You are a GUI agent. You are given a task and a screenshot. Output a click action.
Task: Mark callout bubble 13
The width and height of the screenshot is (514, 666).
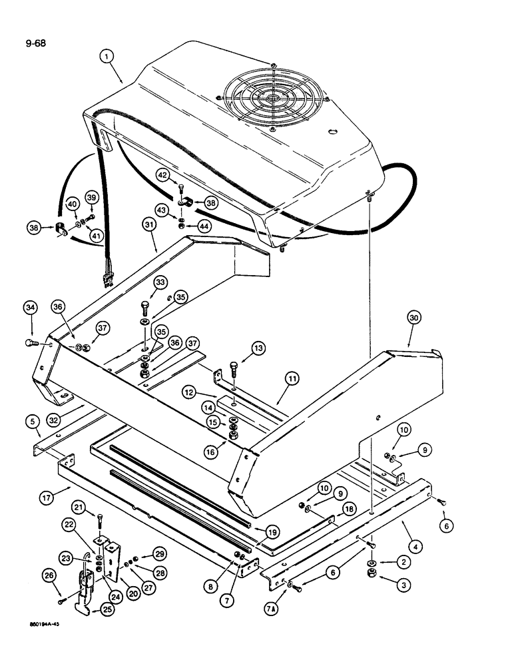(258, 348)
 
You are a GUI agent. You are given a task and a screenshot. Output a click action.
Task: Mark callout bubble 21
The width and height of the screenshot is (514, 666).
(79, 509)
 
